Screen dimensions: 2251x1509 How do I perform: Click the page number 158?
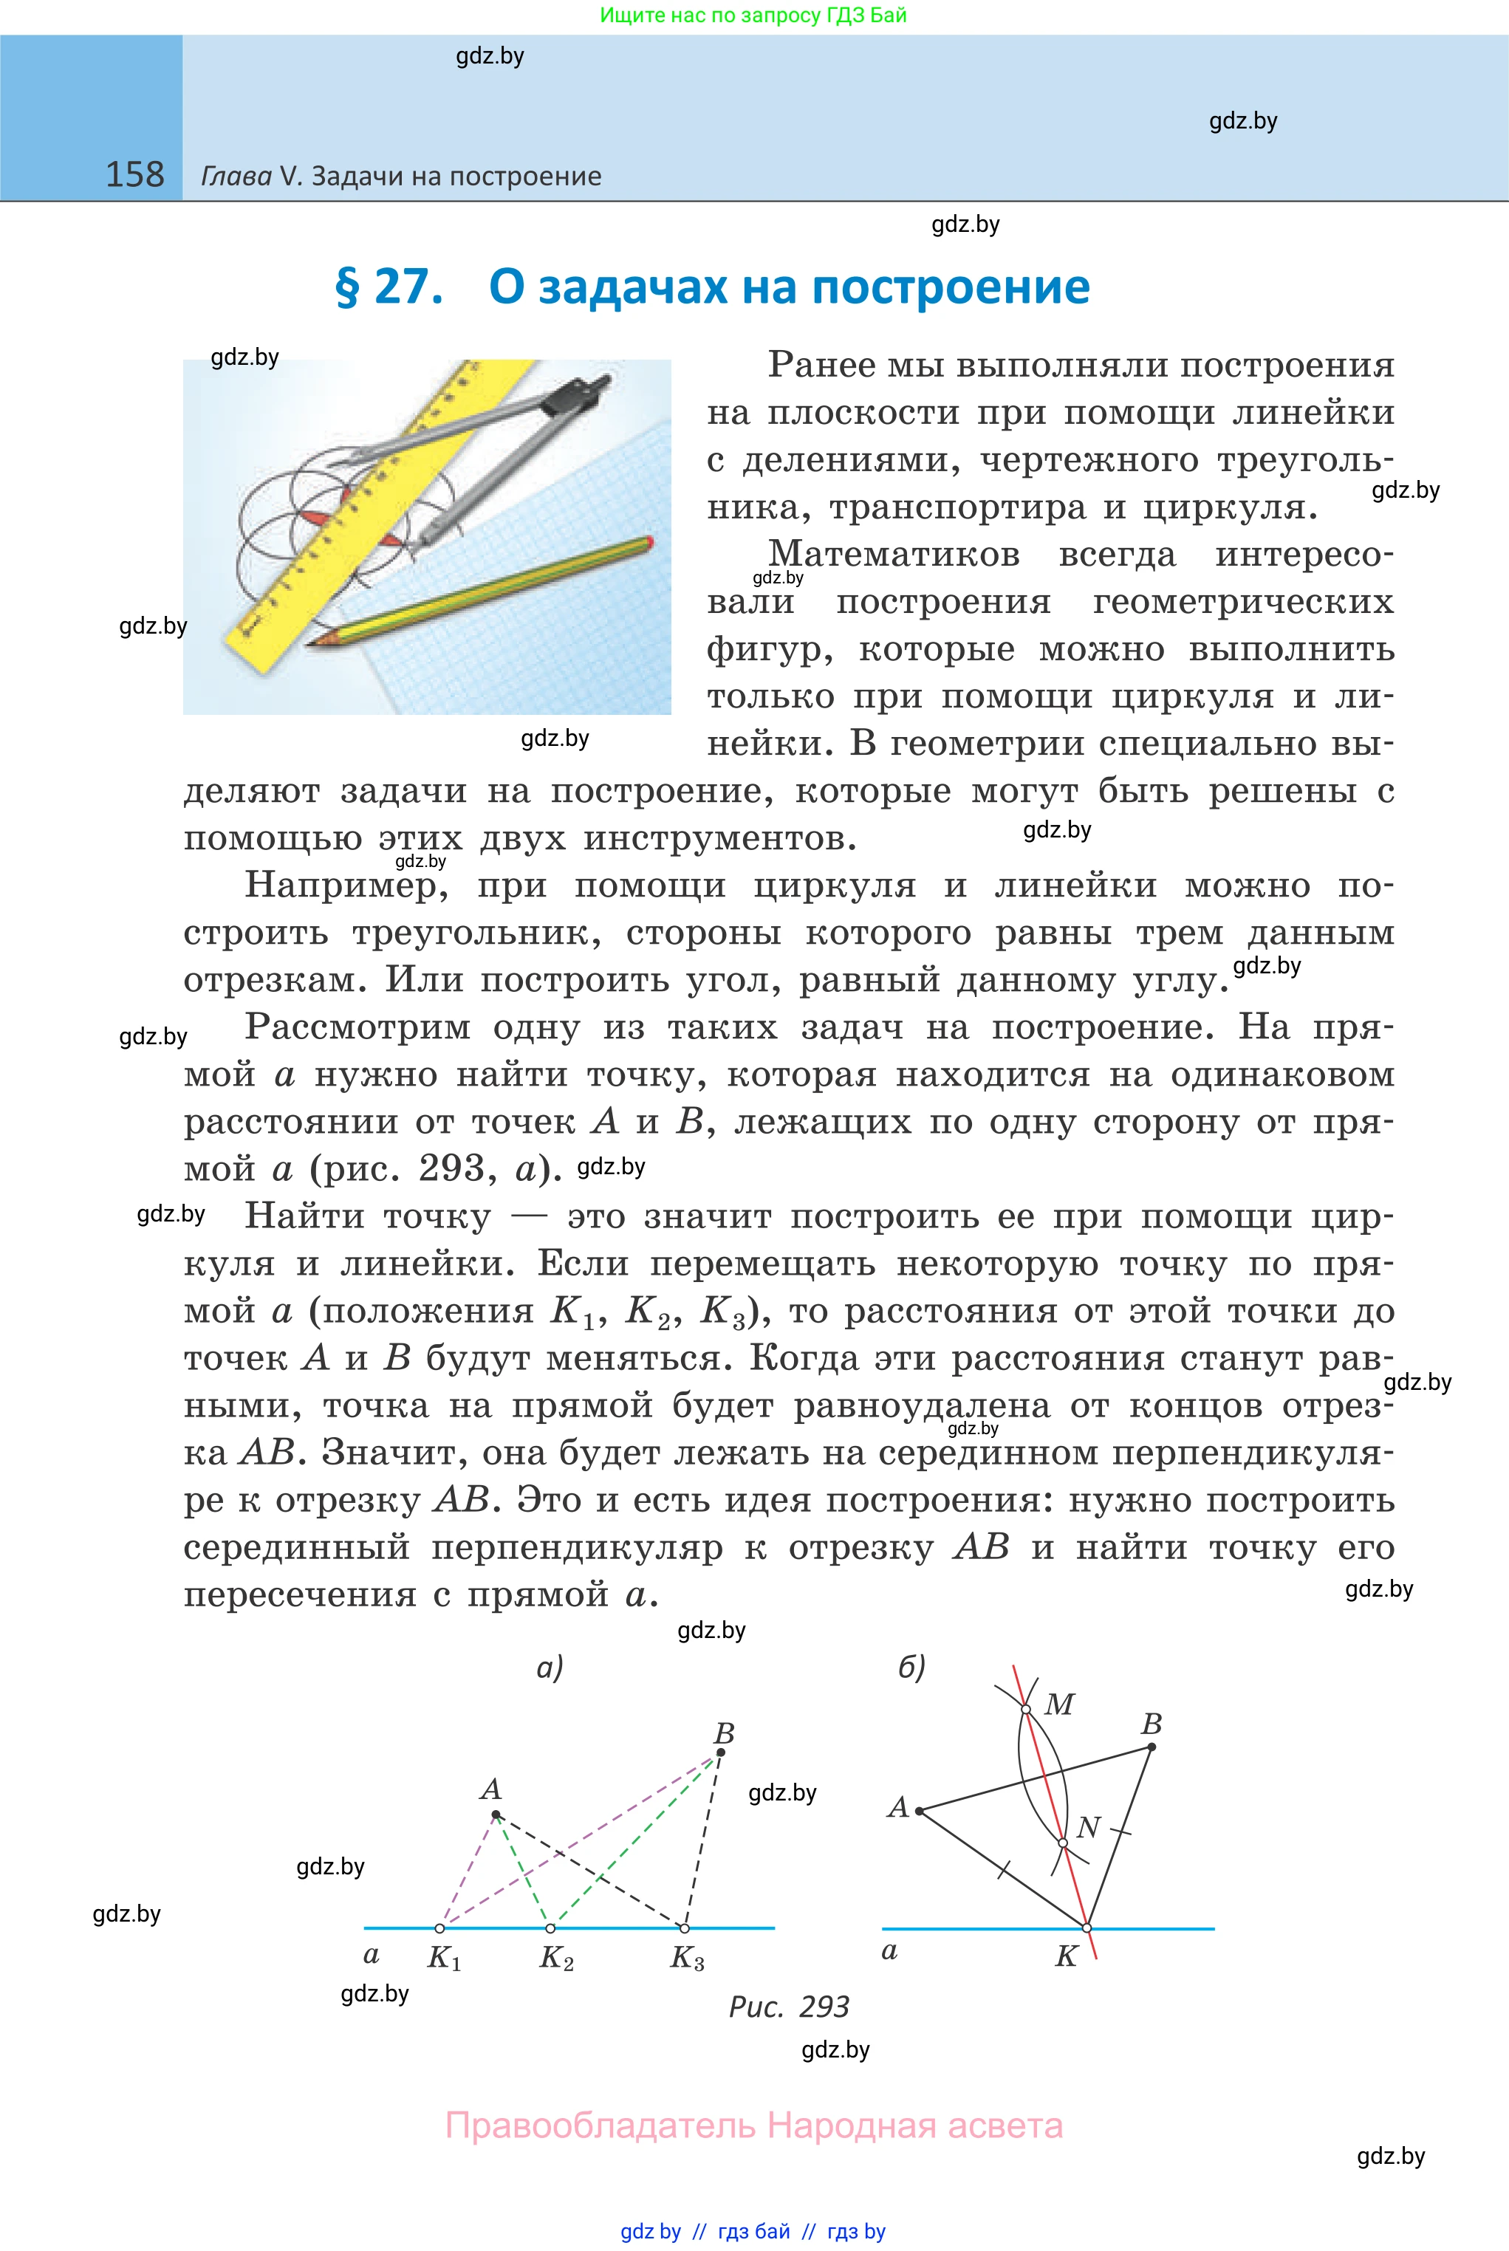[134, 174]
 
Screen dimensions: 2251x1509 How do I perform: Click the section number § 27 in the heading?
[389, 287]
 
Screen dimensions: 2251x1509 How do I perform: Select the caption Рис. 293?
[788, 2007]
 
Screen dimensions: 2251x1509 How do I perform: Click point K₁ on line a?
[439, 1928]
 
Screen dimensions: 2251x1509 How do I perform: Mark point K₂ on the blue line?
[550, 1928]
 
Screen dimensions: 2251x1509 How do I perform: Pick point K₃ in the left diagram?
[684, 1928]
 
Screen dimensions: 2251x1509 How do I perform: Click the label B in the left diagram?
[724, 1733]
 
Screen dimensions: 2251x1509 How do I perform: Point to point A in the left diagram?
[496, 1815]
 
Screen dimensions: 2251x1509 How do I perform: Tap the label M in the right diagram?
[1058, 1704]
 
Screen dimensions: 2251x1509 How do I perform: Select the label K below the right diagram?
[1067, 1956]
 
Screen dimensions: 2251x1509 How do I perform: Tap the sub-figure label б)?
[911, 1667]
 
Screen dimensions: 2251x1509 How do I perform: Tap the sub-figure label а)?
[550, 1667]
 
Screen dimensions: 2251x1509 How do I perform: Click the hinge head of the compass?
[598, 388]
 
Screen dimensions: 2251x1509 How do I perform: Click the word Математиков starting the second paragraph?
[893, 554]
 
